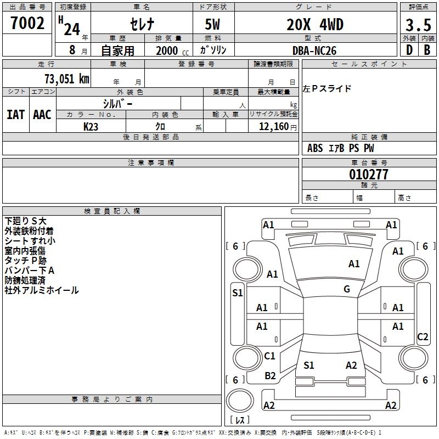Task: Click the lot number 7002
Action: click(27, 24)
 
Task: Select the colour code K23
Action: click(91, 127)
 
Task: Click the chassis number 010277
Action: click(369, 175)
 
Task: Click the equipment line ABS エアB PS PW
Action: click(341, 148)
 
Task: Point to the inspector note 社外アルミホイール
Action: click(42, 290)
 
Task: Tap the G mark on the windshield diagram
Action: click(347, 289)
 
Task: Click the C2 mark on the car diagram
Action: click(423, 337)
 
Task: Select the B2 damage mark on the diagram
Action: click(270, 375)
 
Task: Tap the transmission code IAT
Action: click(16, 115)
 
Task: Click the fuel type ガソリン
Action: click(213, 50)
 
